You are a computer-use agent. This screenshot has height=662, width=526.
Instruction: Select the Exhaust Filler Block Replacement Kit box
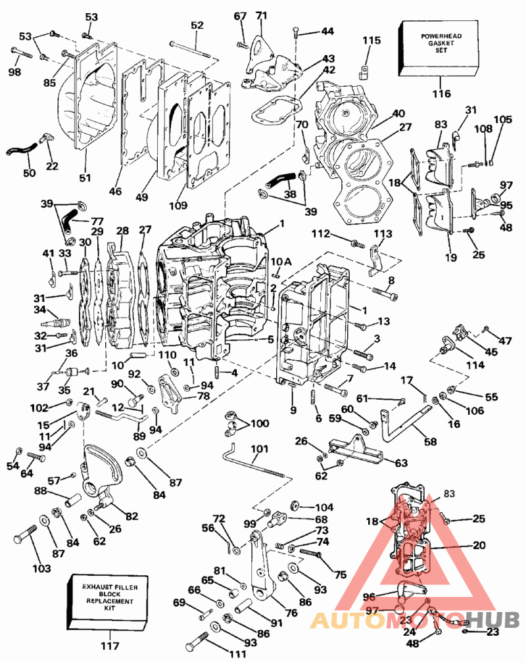109,603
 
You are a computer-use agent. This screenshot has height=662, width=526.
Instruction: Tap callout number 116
441,93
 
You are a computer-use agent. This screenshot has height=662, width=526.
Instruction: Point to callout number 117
110,646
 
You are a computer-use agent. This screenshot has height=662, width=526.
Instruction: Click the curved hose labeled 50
21,149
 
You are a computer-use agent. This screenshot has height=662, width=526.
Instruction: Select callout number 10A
281,262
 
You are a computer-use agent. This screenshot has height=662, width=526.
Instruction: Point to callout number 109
178,205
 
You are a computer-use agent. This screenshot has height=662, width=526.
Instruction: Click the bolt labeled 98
22,54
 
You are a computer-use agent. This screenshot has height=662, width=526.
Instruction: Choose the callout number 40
398,114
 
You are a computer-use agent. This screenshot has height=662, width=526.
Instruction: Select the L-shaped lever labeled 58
404,422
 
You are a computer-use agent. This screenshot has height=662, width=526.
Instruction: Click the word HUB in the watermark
494,620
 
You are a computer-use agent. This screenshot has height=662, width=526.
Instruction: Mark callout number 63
401,463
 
